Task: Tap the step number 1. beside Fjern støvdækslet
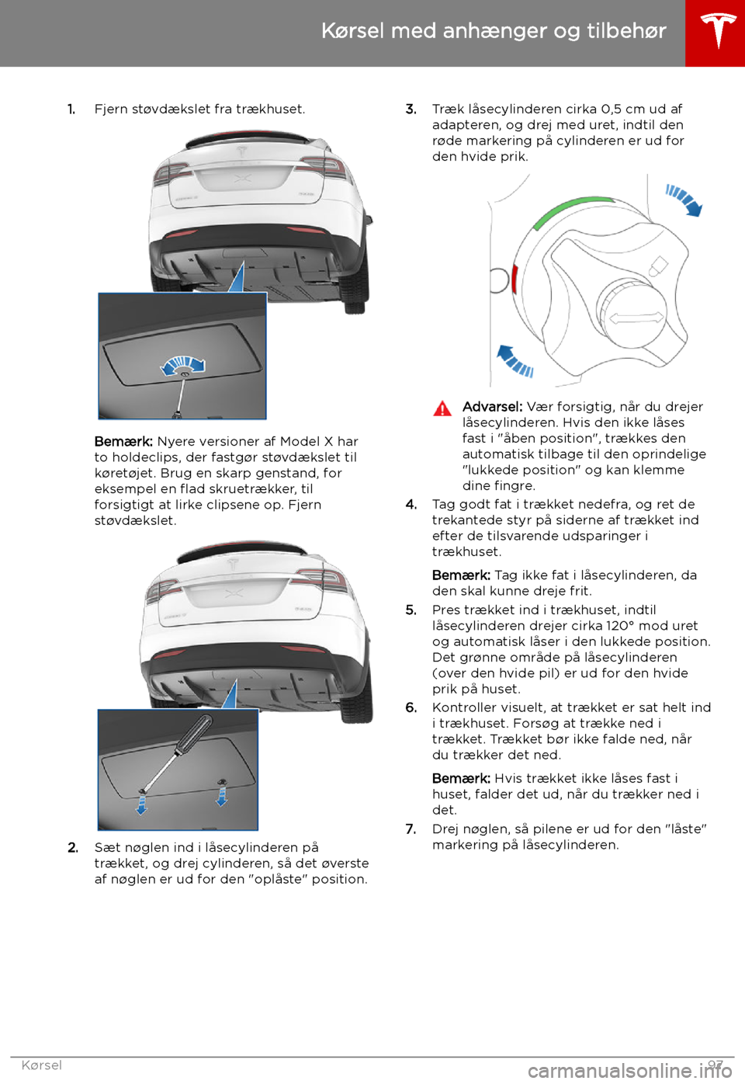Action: [71, 109]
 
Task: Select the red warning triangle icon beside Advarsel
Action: [442, 408]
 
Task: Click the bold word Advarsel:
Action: [492, 407]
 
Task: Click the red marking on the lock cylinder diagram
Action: [515, 278]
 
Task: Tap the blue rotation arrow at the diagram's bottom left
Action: [514, 360]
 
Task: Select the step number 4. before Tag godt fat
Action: [411, 505]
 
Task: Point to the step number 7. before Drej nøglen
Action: [411, 829]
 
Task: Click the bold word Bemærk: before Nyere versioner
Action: [123, 442]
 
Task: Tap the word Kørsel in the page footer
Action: [42, 1065]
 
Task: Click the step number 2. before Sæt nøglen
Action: [72, 848]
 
